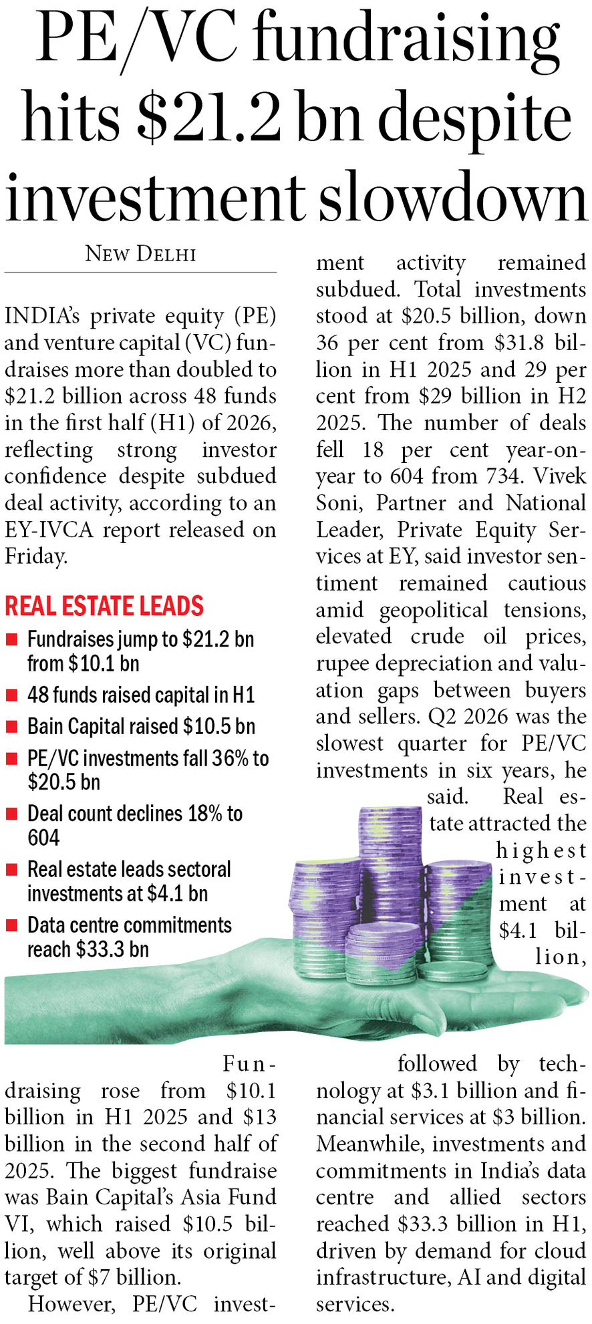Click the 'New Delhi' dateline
140,254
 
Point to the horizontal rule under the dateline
140,272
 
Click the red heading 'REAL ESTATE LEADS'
104,606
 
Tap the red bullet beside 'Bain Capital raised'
11,727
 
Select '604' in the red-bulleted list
43,838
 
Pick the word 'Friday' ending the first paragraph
35,556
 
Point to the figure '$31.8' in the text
523,343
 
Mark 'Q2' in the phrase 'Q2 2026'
442,717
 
